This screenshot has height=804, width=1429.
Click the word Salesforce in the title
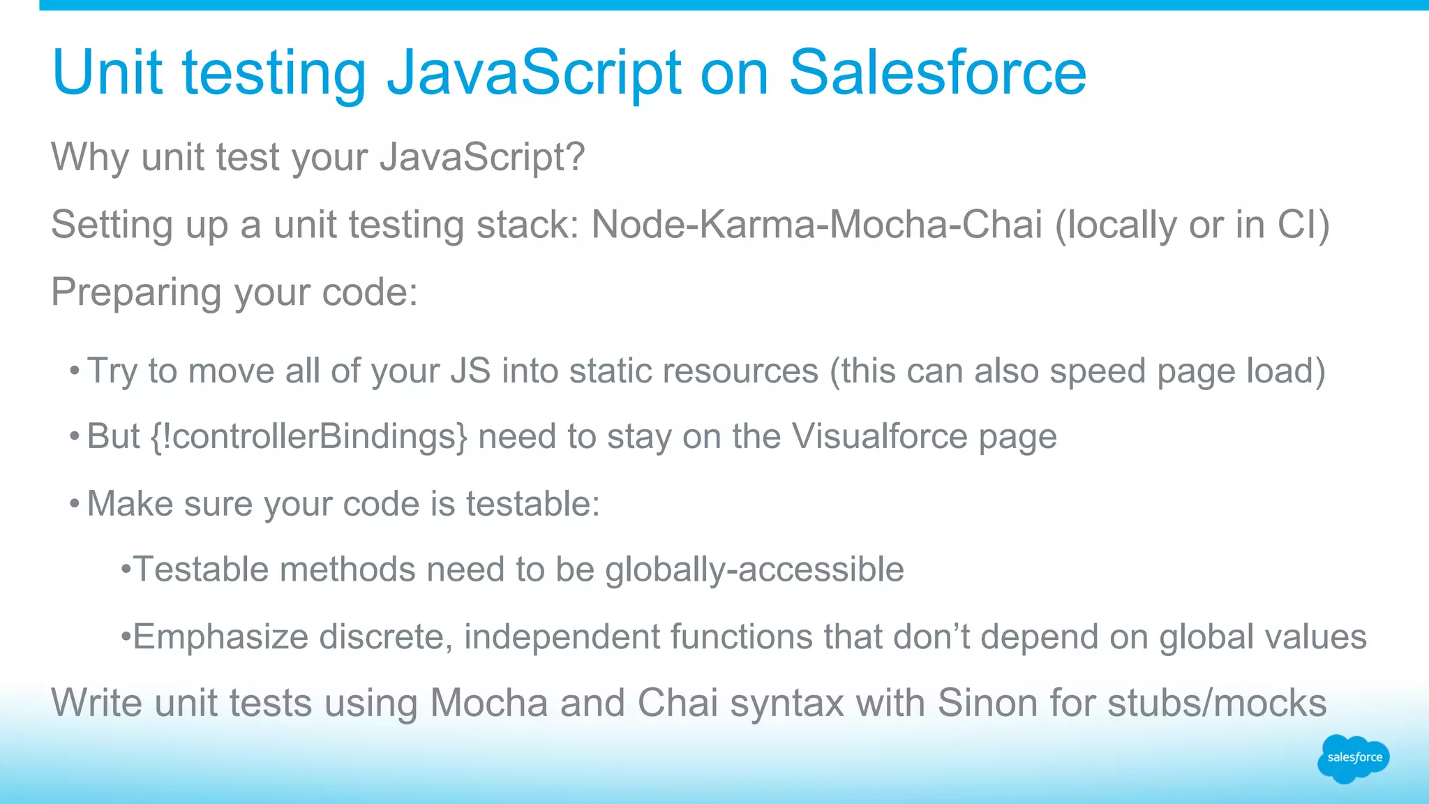click(937, 73)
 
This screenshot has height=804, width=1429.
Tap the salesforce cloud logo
click(1354, 758)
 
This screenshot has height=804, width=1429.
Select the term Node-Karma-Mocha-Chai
click(816, 225)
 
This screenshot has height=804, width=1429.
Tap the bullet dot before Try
click(74, 371)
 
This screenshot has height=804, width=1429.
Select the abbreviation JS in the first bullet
click(470, 371)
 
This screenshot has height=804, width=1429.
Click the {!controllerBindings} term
click(308, 437)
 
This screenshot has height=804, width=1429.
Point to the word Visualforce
click(879, 437)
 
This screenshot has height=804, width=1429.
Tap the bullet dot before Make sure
click(74, 503)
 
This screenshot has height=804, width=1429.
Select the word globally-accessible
click(754, 569)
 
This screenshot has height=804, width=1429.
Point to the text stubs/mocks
click(1217, 703)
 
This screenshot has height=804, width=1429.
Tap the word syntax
click(787, 703)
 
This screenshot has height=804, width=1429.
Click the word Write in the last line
click(98, 703)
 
